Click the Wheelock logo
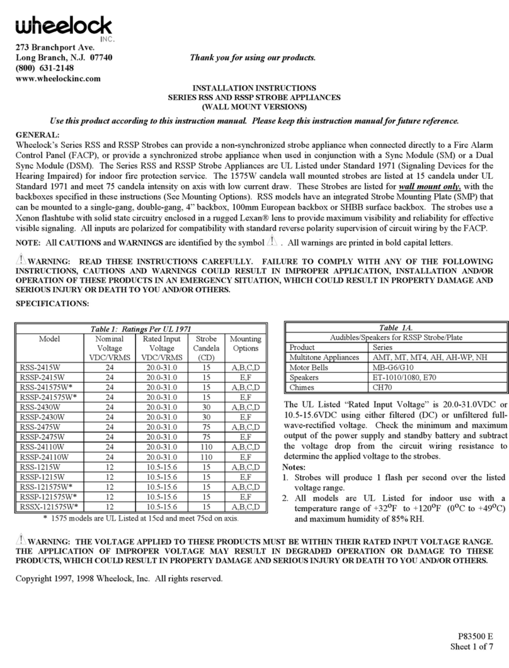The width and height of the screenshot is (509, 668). [63, 27]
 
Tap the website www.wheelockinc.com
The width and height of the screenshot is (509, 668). [58, 79]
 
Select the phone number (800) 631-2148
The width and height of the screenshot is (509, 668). [45, 68]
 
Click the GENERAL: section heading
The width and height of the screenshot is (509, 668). [37, 134]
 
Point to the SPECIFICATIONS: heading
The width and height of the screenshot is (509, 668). [52, 303]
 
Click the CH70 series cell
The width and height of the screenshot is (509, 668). [383, 388]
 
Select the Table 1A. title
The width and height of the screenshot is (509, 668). [396, 327]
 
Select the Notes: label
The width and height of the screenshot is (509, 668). [297, 468]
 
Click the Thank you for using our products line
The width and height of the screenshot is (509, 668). [253, 58]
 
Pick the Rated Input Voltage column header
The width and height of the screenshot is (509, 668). [162, 348]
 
